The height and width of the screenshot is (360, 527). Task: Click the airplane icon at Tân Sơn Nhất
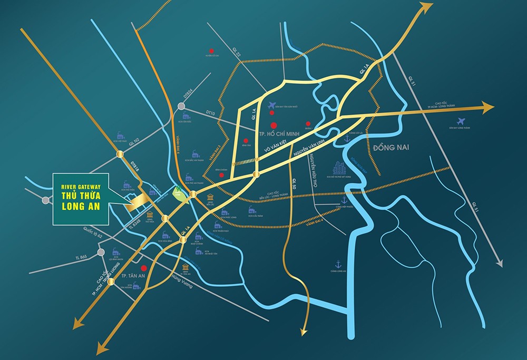coord(272,105)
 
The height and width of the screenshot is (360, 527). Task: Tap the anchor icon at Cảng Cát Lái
coord(347,139)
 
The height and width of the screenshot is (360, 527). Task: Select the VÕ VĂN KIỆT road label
coord(271,153)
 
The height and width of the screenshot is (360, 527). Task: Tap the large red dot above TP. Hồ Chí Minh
coord(273,125)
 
